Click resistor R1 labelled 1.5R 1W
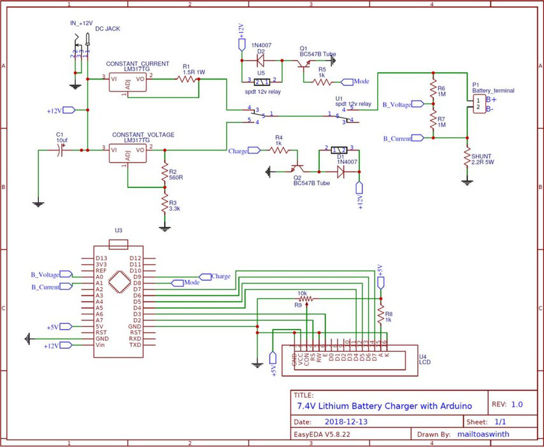188,78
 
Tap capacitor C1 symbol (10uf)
62,150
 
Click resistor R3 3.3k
164,204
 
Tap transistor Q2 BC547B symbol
297,170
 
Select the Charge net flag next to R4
254,150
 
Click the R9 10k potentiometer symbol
307,297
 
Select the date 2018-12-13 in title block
346,421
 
